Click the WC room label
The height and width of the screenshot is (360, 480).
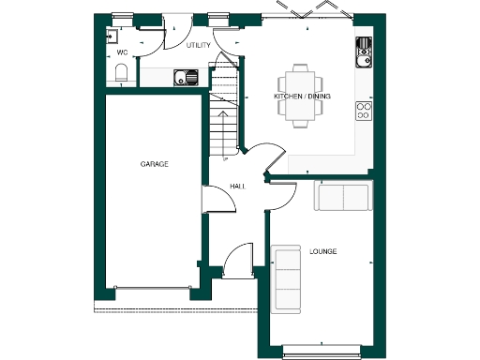(122, 52)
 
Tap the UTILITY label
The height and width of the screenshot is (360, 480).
(199, 44)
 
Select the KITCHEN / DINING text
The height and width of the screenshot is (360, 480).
(301, 97)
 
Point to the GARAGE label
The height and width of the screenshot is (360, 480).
(154, 164)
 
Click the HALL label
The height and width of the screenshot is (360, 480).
(237, 187)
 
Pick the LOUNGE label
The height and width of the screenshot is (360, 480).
(322, 251)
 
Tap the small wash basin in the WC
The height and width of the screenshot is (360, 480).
(111, 37)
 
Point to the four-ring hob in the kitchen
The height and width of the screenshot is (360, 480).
(364, 111)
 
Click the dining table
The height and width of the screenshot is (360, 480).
(301, 95)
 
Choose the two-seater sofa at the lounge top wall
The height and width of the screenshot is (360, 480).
(343, 197)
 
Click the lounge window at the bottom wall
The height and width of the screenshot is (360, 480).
(322, 351)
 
